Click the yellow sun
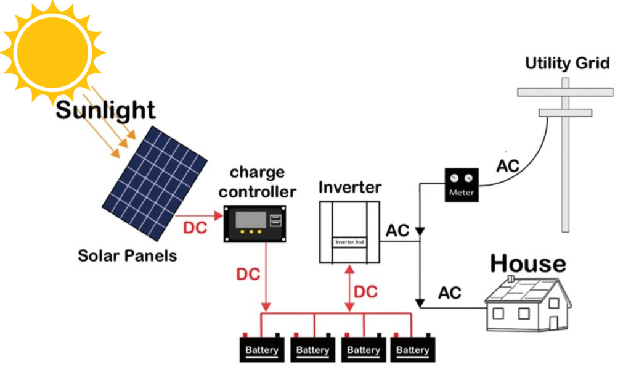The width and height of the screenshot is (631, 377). coord(52,52)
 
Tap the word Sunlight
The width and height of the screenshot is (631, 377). coord(105,110)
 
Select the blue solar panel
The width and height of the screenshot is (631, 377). coord(155,183)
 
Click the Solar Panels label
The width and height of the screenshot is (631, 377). coord(127,256)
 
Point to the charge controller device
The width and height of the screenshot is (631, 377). coord(254,224)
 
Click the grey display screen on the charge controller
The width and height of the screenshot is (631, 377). coord(251,220)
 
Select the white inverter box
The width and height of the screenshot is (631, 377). coord(349,233)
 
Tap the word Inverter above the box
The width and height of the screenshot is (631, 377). coord(350,188)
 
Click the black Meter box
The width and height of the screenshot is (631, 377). coord(462,185)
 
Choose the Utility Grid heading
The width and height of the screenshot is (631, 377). coord(568,63)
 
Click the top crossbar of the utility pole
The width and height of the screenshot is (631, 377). coord(566,92)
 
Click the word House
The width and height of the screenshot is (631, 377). coord(528,264)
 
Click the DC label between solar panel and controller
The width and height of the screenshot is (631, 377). coord(195,228)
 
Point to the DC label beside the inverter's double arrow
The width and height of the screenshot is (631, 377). coord(366,292)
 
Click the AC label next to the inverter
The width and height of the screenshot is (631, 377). coord(397,231)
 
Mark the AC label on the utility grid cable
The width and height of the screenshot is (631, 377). coord(508,166)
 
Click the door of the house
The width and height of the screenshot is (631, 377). coord(554,323)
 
